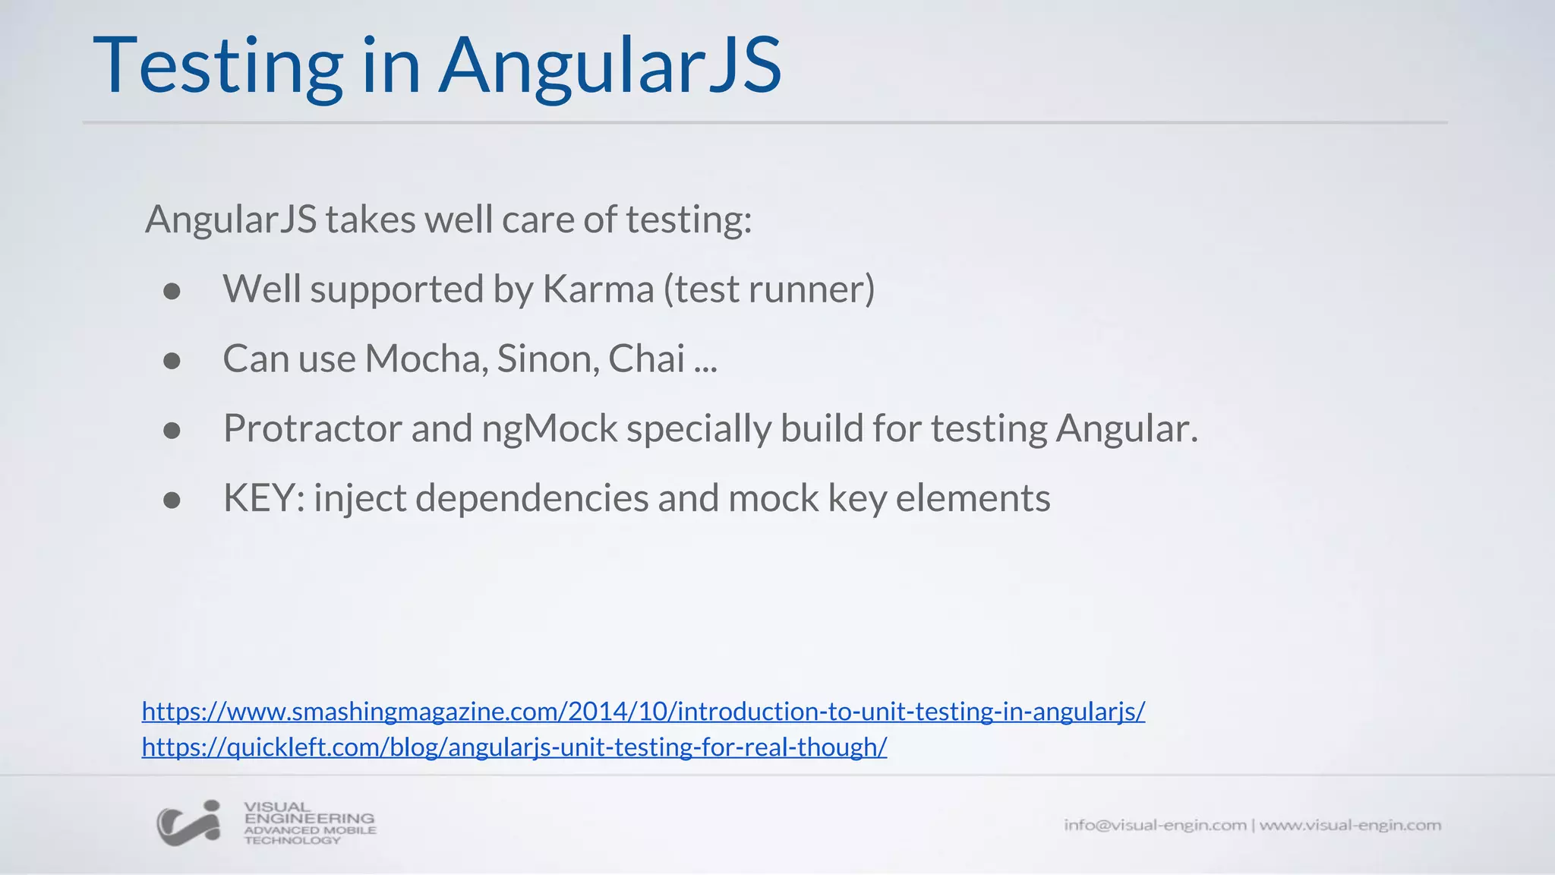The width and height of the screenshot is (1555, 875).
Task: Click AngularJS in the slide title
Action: (x=610, y=67)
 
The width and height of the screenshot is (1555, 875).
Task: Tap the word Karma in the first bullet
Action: (x=598, y=289)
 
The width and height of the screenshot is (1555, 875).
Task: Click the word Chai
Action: (x=646, y=359)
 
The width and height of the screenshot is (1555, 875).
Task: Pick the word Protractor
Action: (x=312, y=429)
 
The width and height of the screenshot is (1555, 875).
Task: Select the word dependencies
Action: (x=532, y=499)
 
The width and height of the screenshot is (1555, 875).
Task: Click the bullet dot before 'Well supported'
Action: (x=172, y=291)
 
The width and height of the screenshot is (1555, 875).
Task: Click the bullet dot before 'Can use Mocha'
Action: (x=172, y=361)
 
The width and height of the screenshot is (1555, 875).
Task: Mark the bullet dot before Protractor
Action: (x=172, y=431)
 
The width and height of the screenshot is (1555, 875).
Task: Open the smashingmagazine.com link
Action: (x=643, y=712)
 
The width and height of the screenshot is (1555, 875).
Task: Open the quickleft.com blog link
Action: (x=514, y=747)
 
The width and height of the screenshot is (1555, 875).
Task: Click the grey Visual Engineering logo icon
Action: (x=189, y=823)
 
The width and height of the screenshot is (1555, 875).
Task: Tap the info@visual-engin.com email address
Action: (x=1154, y=825)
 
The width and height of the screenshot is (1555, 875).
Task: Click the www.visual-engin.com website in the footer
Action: (x=1350, y=825)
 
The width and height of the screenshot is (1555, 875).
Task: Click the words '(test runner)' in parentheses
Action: (x=769, y=289)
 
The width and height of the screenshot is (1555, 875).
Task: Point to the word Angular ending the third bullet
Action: (x=1125, y=429)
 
